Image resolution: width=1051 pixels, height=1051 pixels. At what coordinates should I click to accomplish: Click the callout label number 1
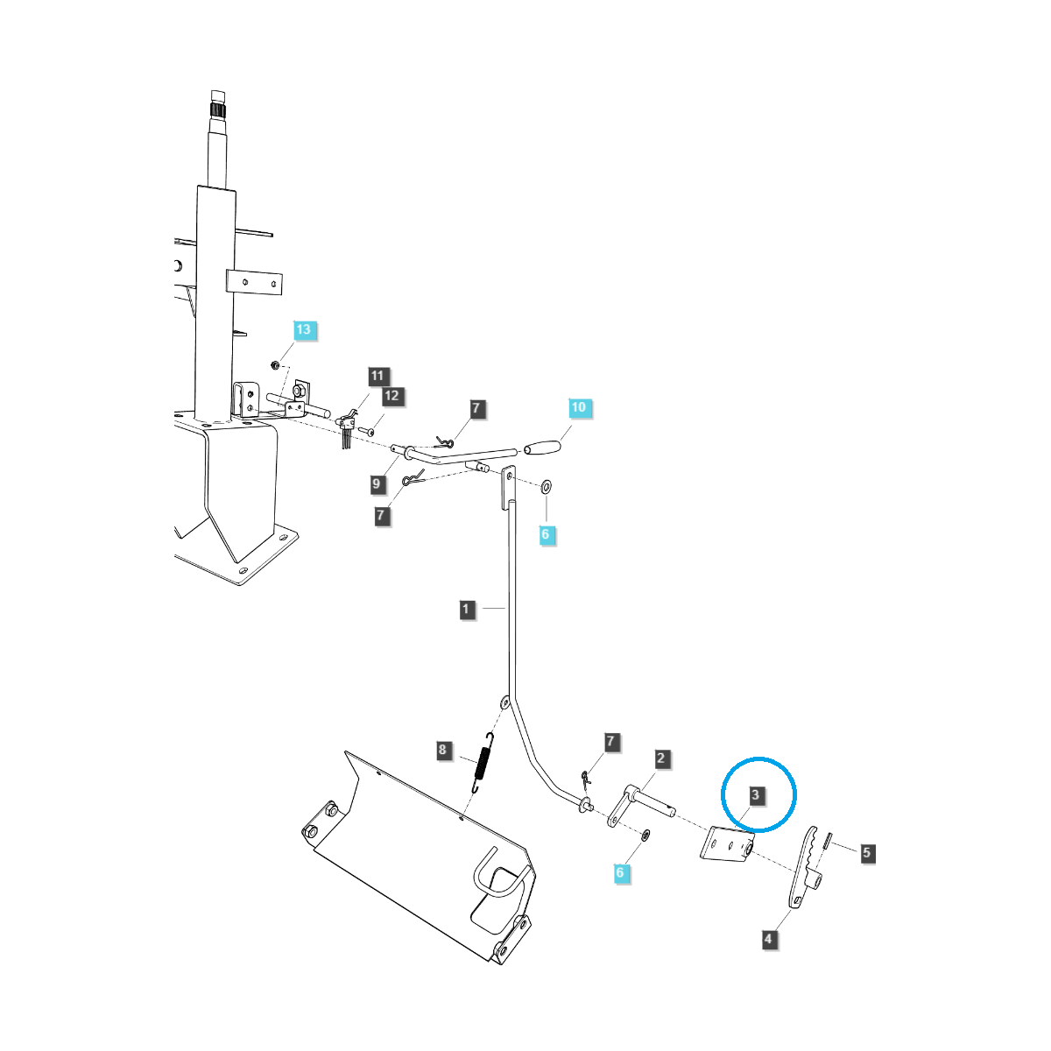pos(468,609)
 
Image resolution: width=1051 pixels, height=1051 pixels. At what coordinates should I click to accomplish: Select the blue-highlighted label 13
pos(303,330)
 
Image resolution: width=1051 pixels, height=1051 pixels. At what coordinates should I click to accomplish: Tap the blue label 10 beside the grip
pos(578,407)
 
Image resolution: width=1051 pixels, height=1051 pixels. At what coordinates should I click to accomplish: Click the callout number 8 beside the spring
pos(443,750)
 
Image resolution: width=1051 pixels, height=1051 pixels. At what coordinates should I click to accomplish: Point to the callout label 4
pos(769,939)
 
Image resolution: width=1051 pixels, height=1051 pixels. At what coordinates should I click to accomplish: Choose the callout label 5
pos(866,851)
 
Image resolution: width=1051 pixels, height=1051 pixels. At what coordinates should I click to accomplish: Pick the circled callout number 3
pos(757,795)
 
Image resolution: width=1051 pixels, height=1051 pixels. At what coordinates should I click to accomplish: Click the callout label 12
pos(391,396)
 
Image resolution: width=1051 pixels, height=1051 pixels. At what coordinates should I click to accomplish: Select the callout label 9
pos(377,483)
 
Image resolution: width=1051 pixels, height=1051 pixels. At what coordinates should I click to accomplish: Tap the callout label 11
pos(377,376)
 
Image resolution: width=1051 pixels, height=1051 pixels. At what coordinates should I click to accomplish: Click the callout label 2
pos(661,758)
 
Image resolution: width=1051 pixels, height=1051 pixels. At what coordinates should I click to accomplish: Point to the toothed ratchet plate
pos(806,867)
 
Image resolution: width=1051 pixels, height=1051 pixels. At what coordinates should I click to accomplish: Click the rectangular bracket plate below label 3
pos(727,846)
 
